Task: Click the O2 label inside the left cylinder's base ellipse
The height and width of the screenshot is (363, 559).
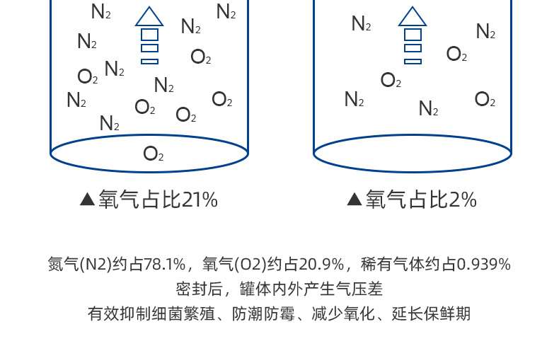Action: pos(153,154)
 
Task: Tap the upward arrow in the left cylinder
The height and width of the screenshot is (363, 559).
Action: pos(149,35)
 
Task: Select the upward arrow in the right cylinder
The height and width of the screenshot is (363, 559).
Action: pos(413,35)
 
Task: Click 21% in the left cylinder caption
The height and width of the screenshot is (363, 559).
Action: pos(200,200)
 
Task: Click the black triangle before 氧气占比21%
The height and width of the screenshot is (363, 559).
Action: pos(88,200)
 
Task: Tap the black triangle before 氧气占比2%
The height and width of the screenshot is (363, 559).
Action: pos(355,200)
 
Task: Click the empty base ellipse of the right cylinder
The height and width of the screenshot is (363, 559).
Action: pos(413,153)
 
